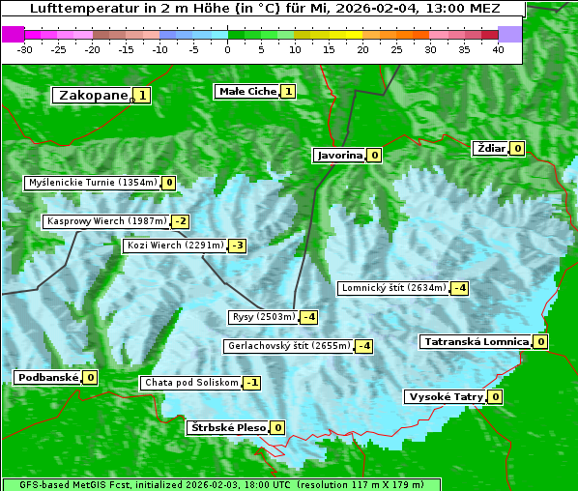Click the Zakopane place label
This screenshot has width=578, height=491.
[93, 95]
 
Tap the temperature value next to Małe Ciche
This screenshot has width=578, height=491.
[288, 92]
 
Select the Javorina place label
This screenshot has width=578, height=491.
[339, 155]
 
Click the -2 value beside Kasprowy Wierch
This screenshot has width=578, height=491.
[181, 221]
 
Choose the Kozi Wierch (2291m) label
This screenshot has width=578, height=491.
[175, 245]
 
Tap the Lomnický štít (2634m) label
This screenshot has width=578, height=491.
[393, 287]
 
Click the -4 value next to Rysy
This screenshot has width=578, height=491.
[309, 317]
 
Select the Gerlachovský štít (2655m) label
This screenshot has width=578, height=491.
[288, 346]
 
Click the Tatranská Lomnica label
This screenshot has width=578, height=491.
[477, 341]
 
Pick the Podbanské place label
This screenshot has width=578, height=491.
[47, 377]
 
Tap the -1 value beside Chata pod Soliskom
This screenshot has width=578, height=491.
[251, 383]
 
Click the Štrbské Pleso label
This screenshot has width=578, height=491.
[227, 427]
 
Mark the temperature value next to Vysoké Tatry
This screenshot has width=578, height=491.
[495, 396]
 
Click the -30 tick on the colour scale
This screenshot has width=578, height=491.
[25, 49]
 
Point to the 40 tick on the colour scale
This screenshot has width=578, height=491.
[498, 49]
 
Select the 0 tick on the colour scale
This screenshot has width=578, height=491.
[227, 49]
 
